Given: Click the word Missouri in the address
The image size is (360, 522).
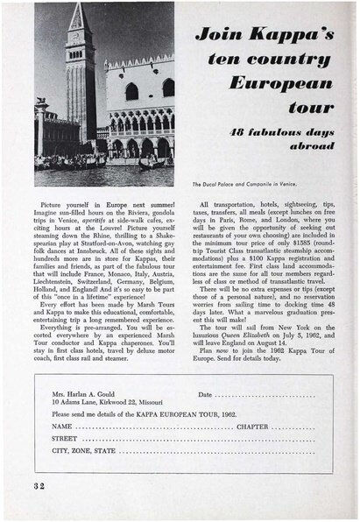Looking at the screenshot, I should (x=155, y=404).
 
